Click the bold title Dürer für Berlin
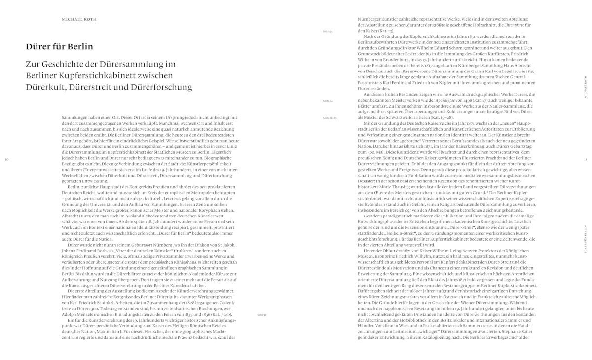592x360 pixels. point(59,47)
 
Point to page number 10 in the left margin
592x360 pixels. point(7,159)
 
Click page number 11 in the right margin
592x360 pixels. point(585,159)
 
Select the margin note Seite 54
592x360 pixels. point(328,31)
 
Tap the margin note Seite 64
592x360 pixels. point(328,100)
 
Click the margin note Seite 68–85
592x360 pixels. point(329,118)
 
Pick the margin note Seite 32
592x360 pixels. point(261,314)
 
